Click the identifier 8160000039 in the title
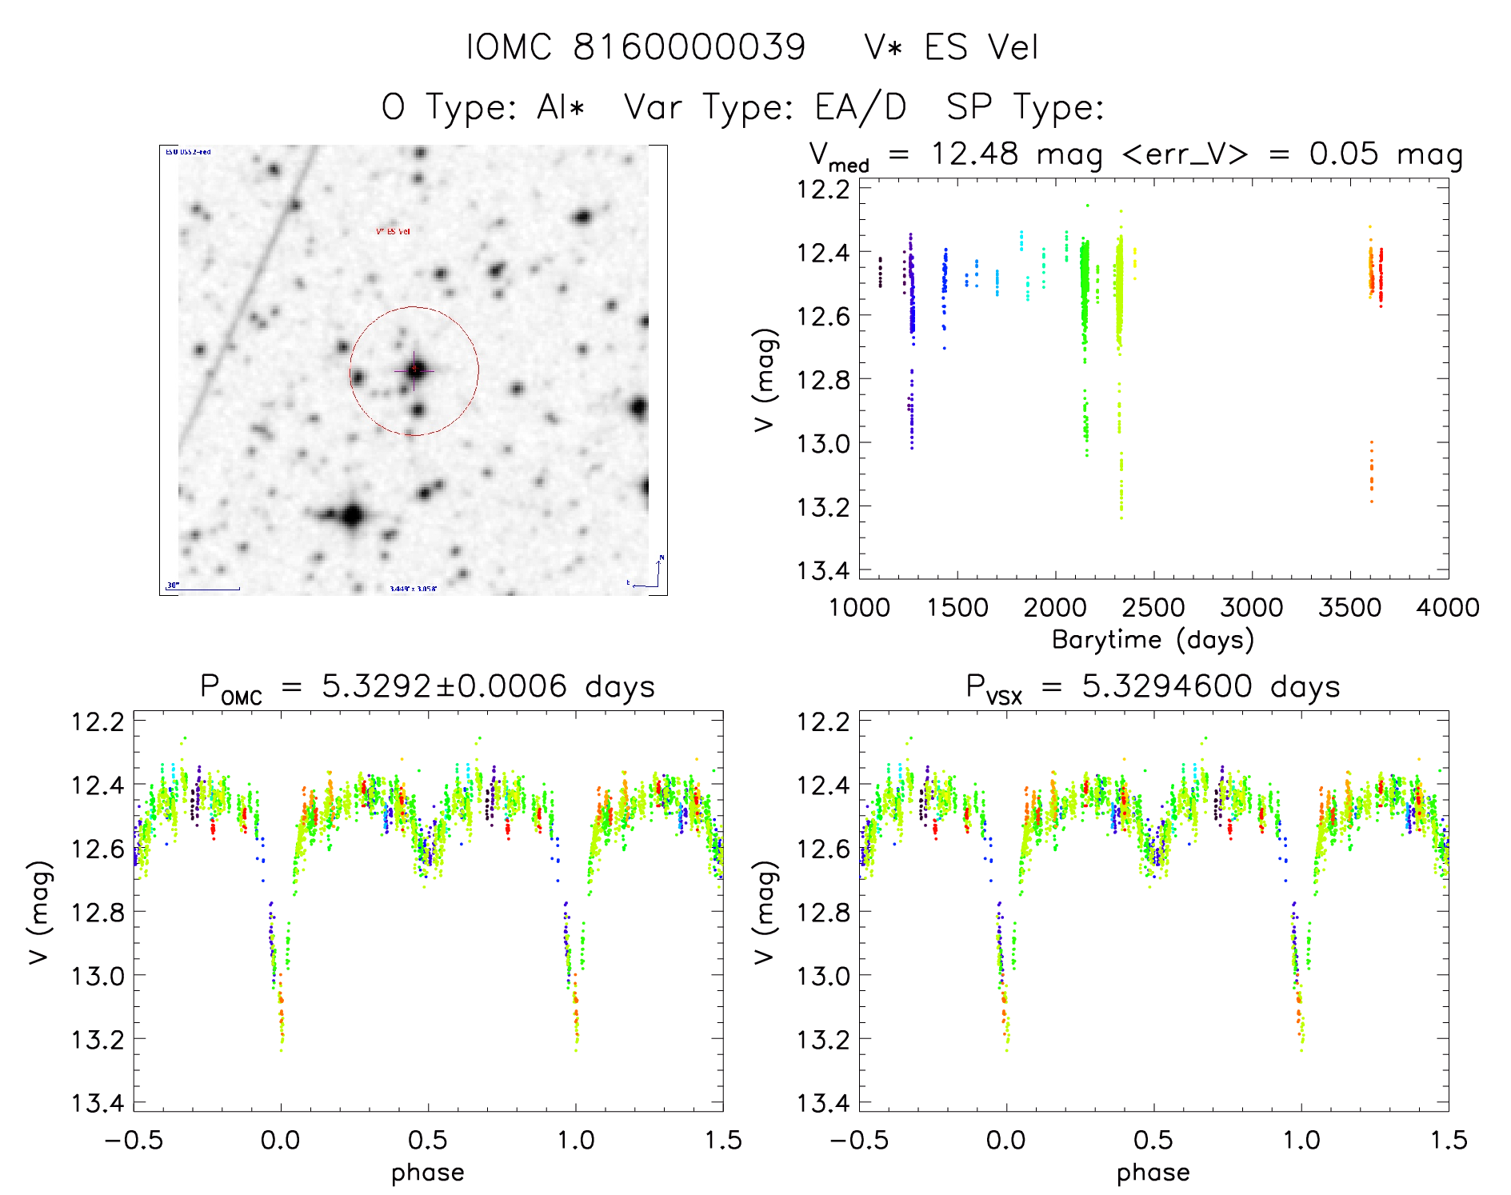pyautogui.click(x=689, y=47)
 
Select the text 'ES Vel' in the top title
pyautogui.click(x=981, y=47)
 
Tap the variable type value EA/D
pyautogui.click(x=861, y=107)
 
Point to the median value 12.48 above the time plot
pyautogui.click(x=974, y=154)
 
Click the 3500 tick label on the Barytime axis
pyautogui.click(x=1349, y=608)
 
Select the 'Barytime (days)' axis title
pyautogui.click(x=1153, y=640)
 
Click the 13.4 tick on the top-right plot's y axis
pyautogui.click(x=823, y=570)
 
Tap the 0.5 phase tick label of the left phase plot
pyautogui.click(x=428, y=1140)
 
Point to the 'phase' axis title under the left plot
pyautogui.click(x=428, y=1173)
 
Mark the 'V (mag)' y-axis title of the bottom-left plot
pyautogui.click(x=40, y=912)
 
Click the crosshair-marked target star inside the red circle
pyautogui.click(x=414, y=370)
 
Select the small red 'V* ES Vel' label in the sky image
pyautogui.click(x=393, y=232)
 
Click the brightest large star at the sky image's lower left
pyautogui.click(x=352, y=515)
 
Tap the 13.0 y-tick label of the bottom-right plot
pyautogui.click(x=823, y=976)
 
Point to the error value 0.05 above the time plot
pyautogui.click(x=1344, y=154)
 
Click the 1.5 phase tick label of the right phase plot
pyautogui.click(x=1448, y=1140)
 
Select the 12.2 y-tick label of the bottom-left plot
pyautogui.click(x=98, y=721)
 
